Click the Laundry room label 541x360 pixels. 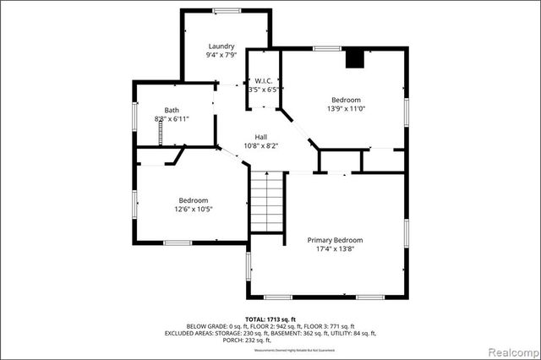coord(227,46)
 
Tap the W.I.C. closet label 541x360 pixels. coord(262,80)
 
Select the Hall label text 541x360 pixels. coord(262,137)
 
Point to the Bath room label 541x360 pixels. coord(172,110)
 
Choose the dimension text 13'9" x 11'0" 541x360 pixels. coord(346,108)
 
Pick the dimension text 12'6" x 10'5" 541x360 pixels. coord(194,209)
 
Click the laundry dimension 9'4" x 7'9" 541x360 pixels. coord(227,56)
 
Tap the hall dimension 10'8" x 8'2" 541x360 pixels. coord(262,146)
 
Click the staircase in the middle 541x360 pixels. coord(268,205)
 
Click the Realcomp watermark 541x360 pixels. coord(512,350)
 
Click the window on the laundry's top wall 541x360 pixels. coord(227,10)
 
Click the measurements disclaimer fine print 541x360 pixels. coord(270,348)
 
